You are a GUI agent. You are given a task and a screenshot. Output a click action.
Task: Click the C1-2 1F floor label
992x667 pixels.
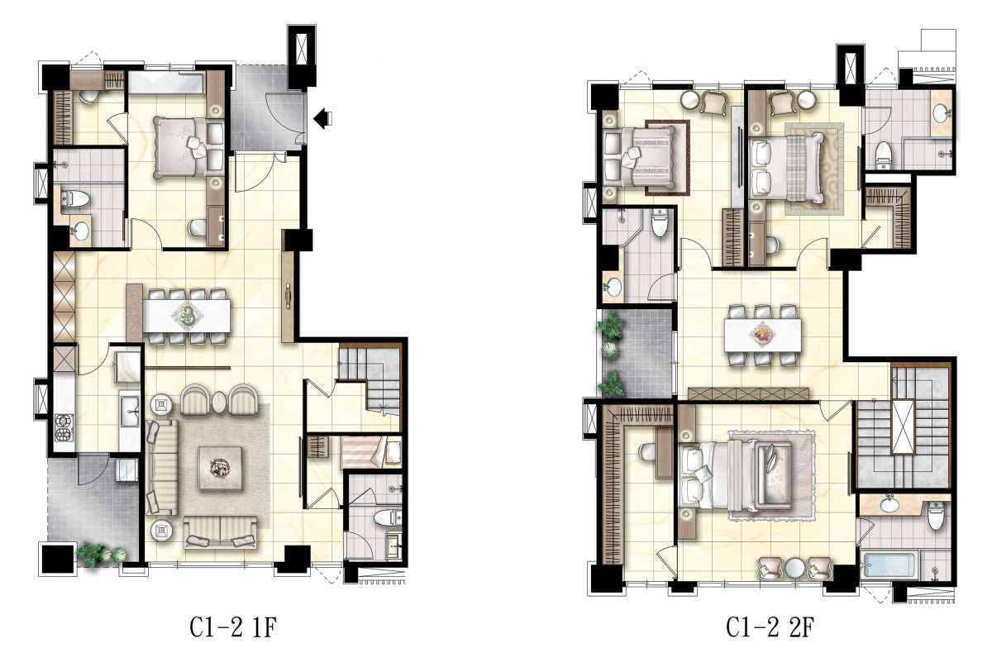point(233,627)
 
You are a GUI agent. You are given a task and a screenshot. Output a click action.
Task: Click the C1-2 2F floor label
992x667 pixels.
point(770,627)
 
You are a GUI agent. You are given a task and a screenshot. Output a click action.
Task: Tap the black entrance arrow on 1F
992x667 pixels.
point(322,118)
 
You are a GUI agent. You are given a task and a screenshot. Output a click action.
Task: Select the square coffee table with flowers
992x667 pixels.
point(220,468)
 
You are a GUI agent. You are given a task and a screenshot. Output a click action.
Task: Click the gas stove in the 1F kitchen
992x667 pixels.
point(64,427)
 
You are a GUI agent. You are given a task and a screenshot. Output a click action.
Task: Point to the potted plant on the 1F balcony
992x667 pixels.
point(101,554)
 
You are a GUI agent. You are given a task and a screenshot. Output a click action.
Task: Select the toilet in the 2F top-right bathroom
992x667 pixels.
point(883,153)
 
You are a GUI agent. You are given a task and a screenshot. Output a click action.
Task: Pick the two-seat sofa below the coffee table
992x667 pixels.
point(220,532)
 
